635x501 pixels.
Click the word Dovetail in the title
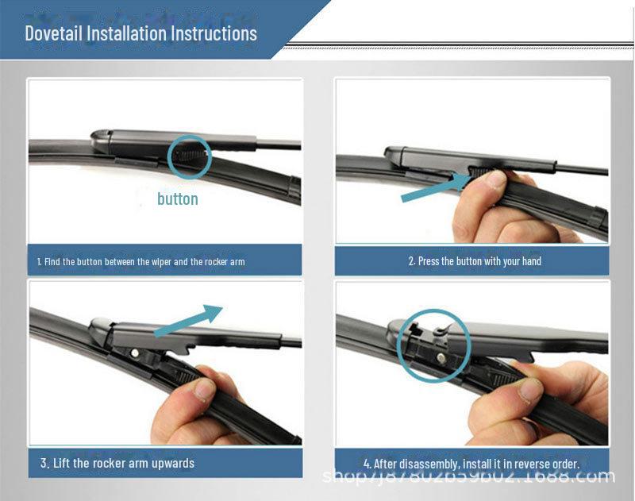tap(53, 33)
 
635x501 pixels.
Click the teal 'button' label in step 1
tap(177, 198)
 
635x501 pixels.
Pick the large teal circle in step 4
tap(433, 346)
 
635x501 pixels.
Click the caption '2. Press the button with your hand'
tap(475, 260)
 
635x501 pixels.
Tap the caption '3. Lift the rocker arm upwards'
tap(117, 463)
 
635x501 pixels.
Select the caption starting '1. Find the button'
tap(140, 261)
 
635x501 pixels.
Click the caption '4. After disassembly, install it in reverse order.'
tap(471, 463)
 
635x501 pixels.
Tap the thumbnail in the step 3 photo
tap(205, 388)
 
